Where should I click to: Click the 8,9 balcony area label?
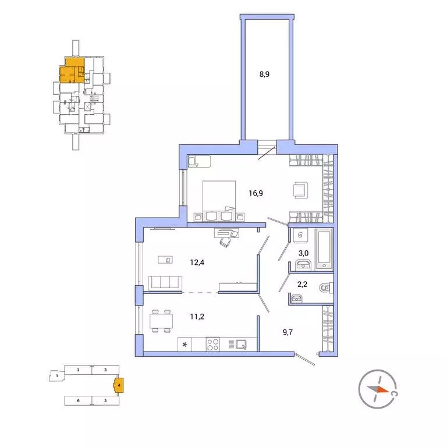tap(264, 74)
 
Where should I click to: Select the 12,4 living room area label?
tap(197, 262)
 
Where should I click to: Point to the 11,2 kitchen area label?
tap(197, 318)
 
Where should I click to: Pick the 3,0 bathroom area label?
tap(303, 254)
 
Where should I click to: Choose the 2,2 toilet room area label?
tap(303, 286)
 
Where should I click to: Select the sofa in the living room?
tap(165, 283)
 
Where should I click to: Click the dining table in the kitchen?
tap(161, 321)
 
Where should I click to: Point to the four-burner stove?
tap(212, 344)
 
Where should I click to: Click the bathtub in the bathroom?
tap(323, 250)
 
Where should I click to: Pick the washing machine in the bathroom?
tap(300, 236)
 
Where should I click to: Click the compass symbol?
tap(378, 389)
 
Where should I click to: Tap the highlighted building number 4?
tap(118, 385)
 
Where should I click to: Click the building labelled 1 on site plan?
tap(56, 376)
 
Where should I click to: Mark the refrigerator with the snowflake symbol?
tap(186, 344)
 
